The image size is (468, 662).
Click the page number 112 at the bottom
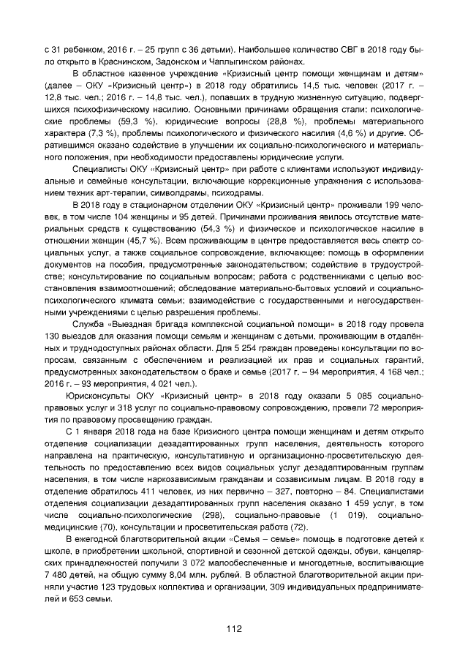(234, 628)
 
